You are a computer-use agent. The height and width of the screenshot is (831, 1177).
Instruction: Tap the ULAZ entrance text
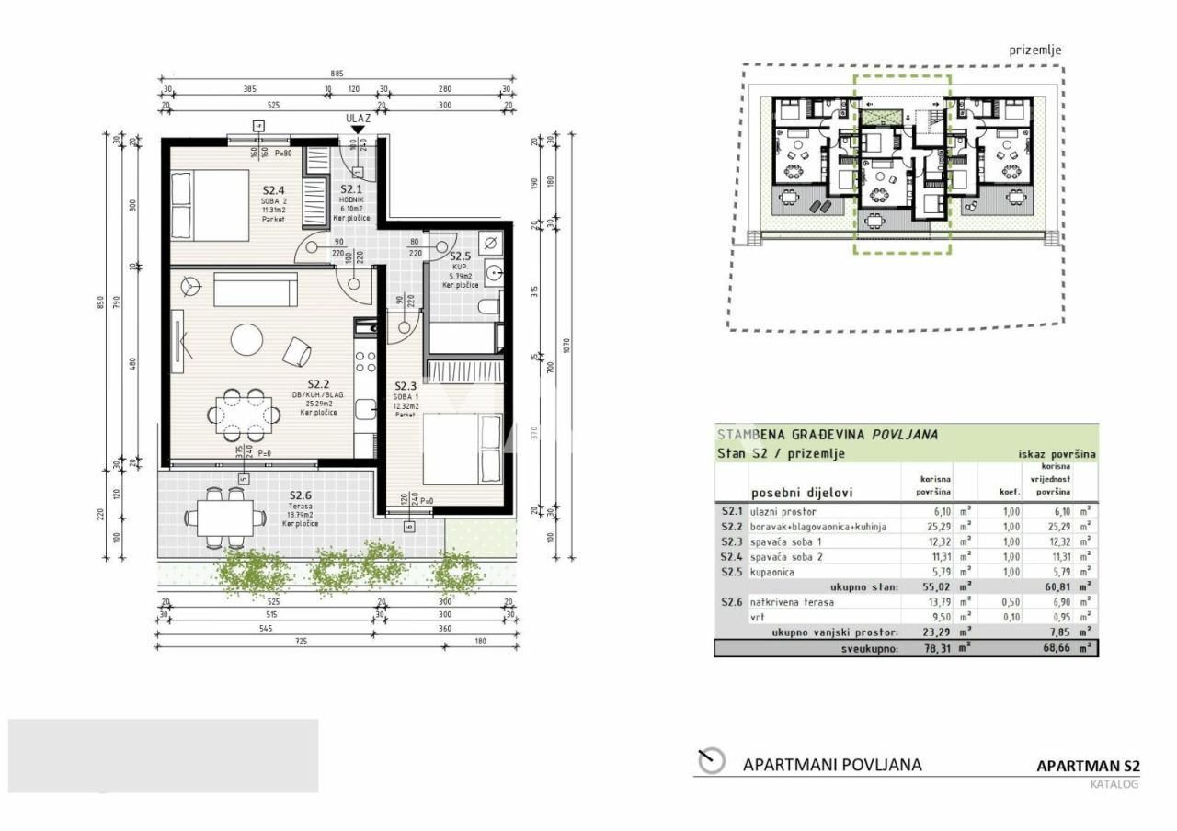(358, 119)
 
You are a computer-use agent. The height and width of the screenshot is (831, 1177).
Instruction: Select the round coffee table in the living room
(246, 339)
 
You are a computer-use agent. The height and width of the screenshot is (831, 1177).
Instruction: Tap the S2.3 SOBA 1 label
(406, 387)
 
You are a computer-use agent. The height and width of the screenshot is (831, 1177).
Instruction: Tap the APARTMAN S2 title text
(1088, 766)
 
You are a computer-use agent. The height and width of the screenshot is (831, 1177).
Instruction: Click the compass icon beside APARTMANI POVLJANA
(711, 761)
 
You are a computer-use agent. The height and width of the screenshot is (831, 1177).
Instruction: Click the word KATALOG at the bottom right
(1114, 784)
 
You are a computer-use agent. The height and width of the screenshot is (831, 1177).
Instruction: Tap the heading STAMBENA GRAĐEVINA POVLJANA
(827, 435)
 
